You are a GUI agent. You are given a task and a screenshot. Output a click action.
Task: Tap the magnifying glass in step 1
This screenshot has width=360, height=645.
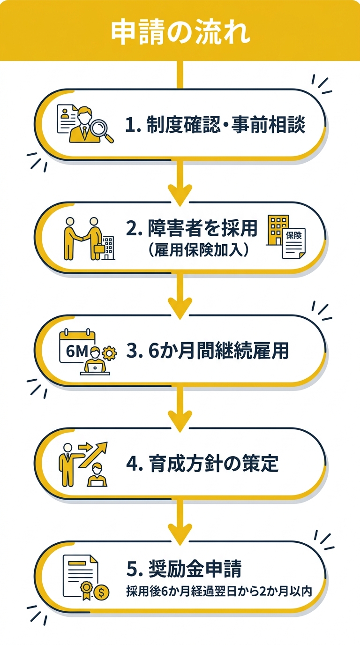coord(103,129)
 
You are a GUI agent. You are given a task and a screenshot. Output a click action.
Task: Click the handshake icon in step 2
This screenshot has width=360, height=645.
coord(82,238)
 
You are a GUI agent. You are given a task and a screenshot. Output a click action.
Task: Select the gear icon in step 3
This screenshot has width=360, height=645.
coord(109,352)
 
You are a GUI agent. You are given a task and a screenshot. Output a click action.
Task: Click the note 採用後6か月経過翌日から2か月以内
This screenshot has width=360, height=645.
coord(219,592)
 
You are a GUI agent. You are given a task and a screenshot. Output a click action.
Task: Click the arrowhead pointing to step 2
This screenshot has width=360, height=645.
coord(180,193)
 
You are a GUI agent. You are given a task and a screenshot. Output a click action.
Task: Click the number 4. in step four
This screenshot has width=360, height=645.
coord(134,465)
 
